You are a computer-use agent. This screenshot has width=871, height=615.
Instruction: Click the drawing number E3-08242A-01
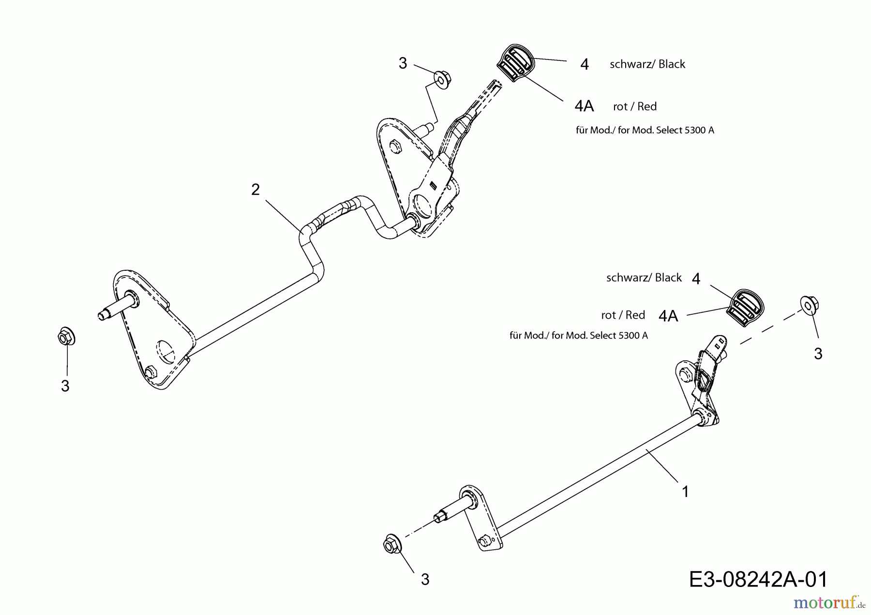tap(758, 579)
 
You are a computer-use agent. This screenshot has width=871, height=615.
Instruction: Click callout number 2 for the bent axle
tap(255, 190)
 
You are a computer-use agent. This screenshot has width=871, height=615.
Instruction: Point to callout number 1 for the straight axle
tap(685, 492)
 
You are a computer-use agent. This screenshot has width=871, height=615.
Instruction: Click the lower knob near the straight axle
tap(746, 308)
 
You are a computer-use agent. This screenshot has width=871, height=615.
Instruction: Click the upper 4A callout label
tap(584, 106)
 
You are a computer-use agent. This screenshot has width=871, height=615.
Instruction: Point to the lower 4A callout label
tap(668, 316)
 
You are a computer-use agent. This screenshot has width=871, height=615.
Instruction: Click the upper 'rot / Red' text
tap(634, 106)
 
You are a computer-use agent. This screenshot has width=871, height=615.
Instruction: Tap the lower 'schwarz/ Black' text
tap(644, 278)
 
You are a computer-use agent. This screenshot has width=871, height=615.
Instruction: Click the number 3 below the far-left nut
tap(65, 386)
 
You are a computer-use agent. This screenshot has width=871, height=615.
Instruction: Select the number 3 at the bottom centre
tap(425, 579)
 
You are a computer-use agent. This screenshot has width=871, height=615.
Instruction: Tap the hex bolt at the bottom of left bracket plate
tap(150, 373)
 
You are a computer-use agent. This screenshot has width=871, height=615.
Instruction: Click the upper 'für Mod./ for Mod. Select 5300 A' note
tap(645, 130)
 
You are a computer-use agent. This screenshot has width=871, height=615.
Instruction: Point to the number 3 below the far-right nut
tap(818, 354)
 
